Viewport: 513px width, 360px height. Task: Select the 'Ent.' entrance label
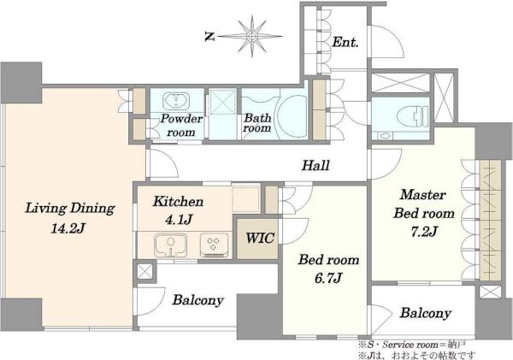(345, 42)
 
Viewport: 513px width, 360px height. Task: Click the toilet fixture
(413, 116)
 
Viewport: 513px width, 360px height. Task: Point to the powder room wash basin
(176, 100)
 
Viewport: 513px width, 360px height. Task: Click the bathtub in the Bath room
(292, 115)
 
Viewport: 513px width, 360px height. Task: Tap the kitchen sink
(170, 245)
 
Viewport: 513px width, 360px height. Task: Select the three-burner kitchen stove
(214, 245)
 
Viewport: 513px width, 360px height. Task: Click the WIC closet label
(260, 238)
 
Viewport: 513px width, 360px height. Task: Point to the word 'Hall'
(315, 165)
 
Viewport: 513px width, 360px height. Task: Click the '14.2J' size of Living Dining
(68, 228)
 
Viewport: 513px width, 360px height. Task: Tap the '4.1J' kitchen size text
(179, 219)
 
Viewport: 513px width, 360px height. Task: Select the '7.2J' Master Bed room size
(424, 232)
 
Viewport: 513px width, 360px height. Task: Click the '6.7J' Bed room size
(328, 279)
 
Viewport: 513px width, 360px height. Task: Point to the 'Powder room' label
(181, 125)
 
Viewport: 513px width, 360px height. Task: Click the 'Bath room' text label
(257, 123)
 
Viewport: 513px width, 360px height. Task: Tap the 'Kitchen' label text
(179, 201)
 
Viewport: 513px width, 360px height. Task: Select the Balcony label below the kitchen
(198, 300)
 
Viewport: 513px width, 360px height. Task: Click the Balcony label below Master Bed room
(425, 313)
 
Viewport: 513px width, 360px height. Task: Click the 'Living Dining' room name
(70, 209)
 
